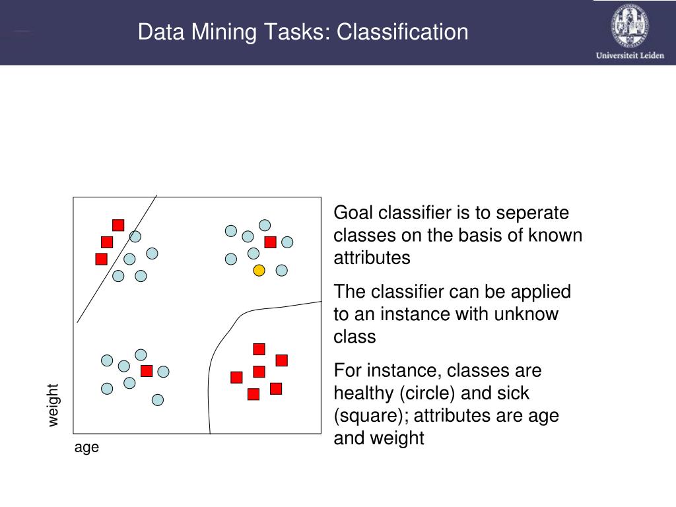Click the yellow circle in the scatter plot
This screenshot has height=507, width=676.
point(259,270)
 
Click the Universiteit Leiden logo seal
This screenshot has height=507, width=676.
point(629,26)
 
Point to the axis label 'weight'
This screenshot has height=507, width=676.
point(53,405)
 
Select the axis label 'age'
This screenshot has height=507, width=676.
point(86,447)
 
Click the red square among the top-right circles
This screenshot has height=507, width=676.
point(270,242)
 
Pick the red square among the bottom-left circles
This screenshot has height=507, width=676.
point(147,371)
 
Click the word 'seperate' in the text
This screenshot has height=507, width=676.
point(533,213)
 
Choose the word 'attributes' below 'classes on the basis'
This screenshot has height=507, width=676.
point(372,257)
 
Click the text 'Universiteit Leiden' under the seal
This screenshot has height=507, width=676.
point(630,56)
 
